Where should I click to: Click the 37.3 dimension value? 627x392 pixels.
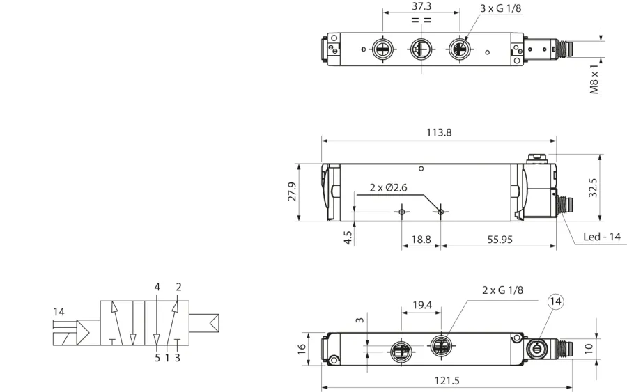coord(421,6)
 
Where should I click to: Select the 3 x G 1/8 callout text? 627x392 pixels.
coord(501,8)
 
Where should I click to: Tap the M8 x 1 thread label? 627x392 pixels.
coord(595,79)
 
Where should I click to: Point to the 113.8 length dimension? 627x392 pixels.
coord(439,132)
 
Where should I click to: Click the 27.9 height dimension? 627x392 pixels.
coord(293,191)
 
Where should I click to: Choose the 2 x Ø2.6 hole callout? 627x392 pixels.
coord(388,187)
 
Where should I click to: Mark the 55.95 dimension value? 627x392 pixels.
coord(500,240)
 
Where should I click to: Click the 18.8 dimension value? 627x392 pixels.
coord(421,240)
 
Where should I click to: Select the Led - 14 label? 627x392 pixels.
coord(602,237)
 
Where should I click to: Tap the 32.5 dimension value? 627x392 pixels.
coord(593,188)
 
